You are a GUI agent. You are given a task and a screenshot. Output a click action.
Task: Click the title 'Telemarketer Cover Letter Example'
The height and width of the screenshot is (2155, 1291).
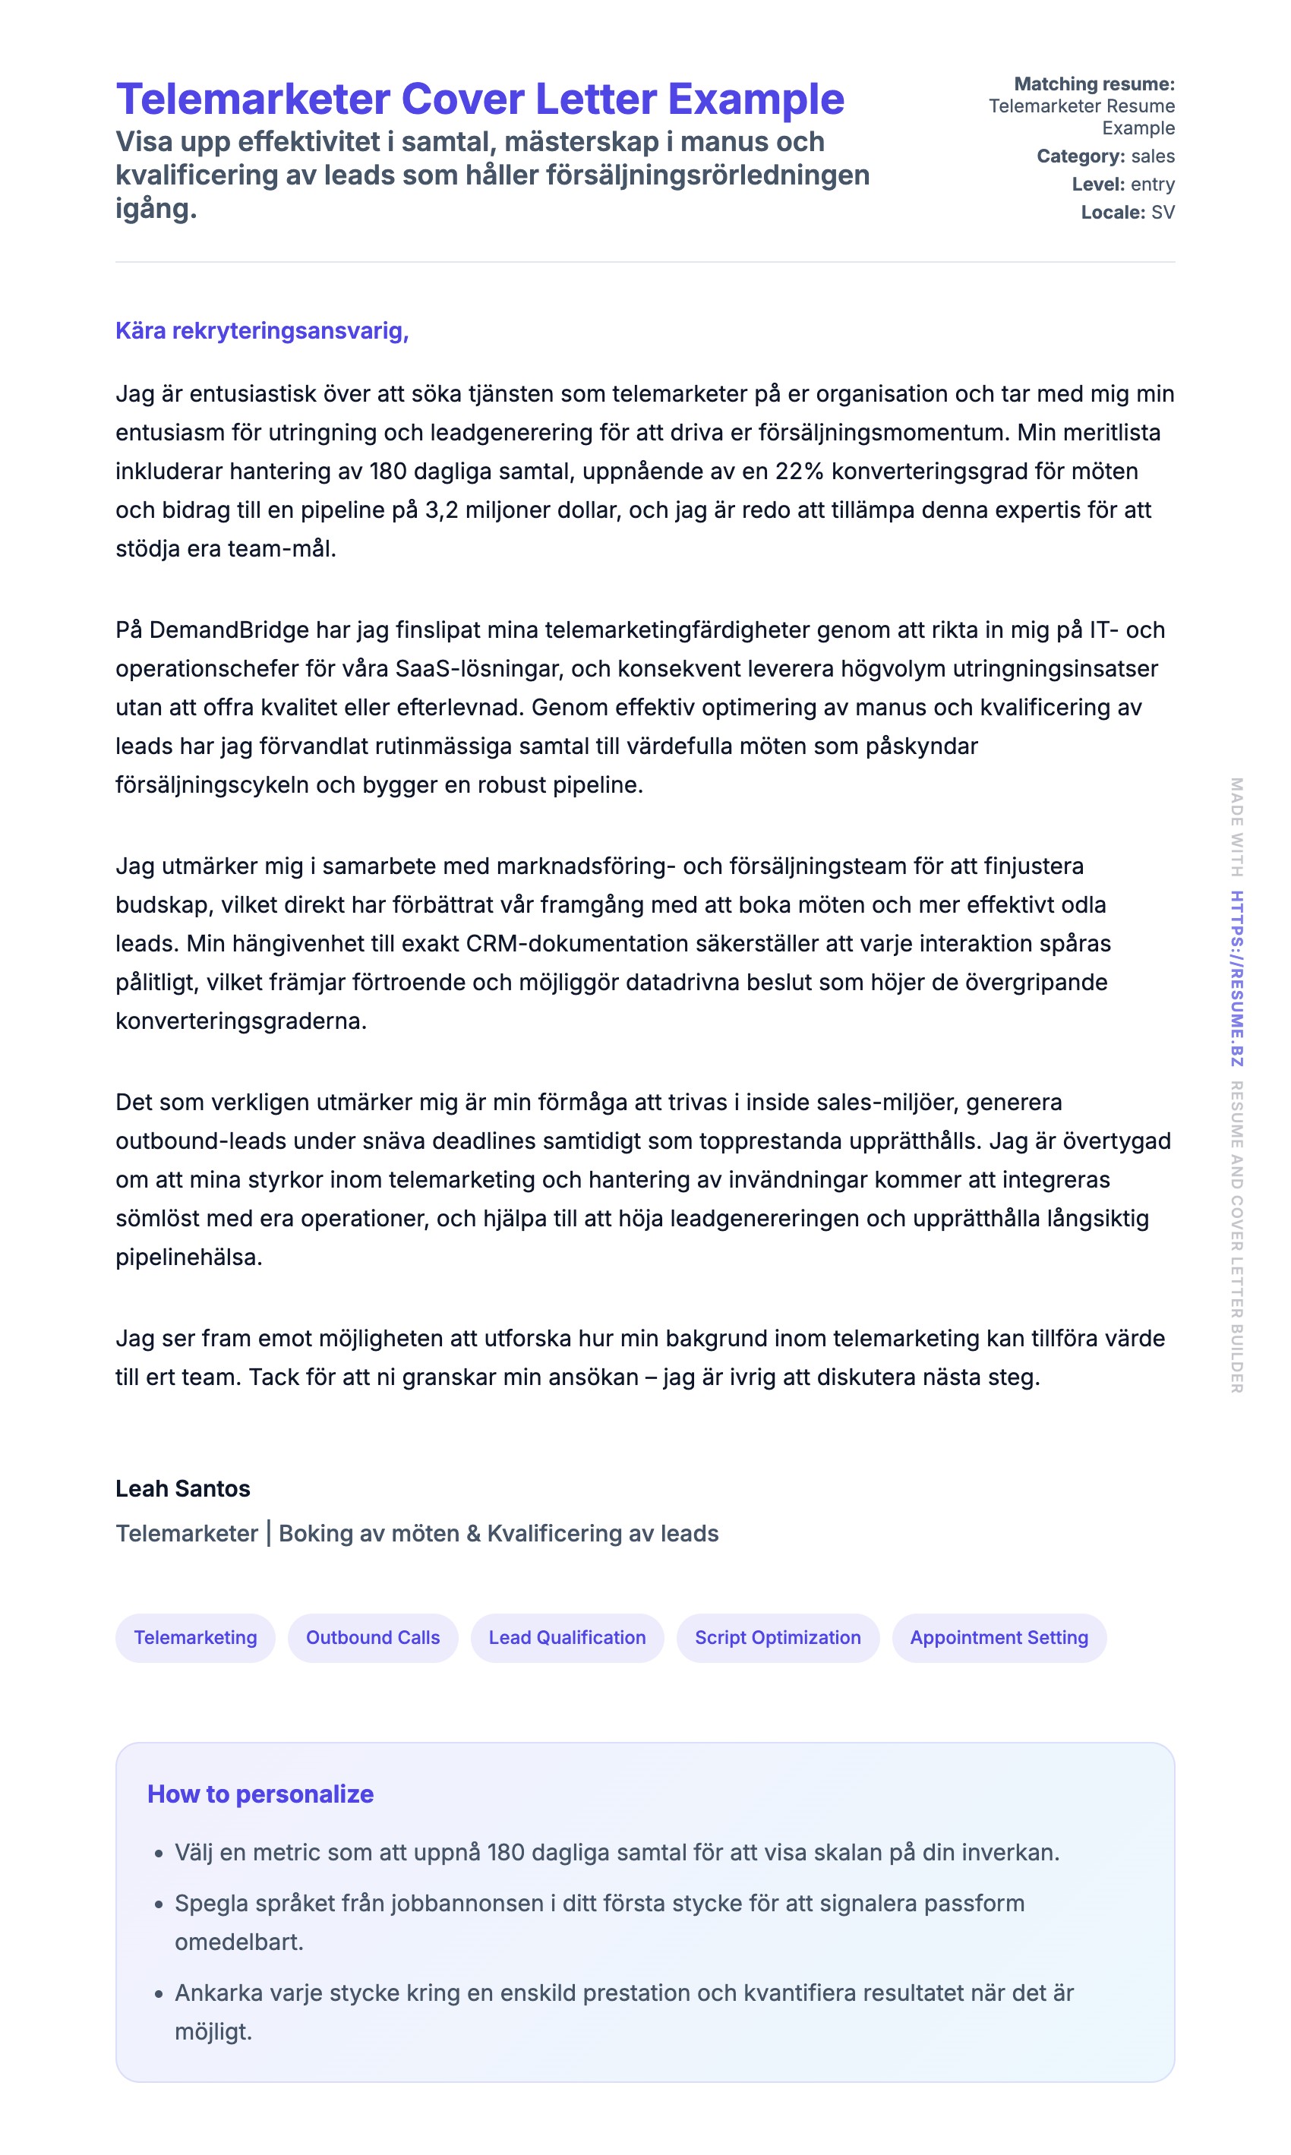(x=479, y=99)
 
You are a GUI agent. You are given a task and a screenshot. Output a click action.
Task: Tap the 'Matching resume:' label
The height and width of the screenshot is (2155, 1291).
(x=1094, y=84)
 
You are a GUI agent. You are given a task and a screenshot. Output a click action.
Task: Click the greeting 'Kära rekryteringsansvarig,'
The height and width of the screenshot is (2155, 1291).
(x=262, y=331)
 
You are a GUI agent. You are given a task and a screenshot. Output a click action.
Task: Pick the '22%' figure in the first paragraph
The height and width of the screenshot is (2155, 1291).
(x=799, y=472)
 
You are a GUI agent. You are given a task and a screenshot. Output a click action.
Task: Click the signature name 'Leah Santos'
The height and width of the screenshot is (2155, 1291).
(x=183, y=1489)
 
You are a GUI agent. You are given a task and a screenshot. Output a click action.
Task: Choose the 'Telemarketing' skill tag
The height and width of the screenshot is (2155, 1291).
(x=195, y=1638)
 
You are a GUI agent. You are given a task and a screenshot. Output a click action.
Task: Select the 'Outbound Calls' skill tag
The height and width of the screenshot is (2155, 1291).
(x=372, y=1638)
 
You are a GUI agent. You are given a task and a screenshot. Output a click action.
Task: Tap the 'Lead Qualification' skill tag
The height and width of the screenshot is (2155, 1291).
(x=567, y=1638)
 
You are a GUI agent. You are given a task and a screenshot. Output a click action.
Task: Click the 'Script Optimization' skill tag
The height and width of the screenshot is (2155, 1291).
(x=777, y=1638)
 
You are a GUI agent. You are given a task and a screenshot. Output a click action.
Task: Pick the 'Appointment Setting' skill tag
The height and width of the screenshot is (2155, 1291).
(x=998, y=1638)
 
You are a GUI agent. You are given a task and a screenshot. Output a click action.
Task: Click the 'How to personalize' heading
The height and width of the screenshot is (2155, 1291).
(x=260, y=1794)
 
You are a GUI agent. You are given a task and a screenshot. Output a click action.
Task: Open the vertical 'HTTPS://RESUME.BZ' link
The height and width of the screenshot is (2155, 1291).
(x=1236, y=977)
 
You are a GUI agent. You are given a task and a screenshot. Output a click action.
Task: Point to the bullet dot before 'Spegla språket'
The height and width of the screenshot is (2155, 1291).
(x=158, y=1905)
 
